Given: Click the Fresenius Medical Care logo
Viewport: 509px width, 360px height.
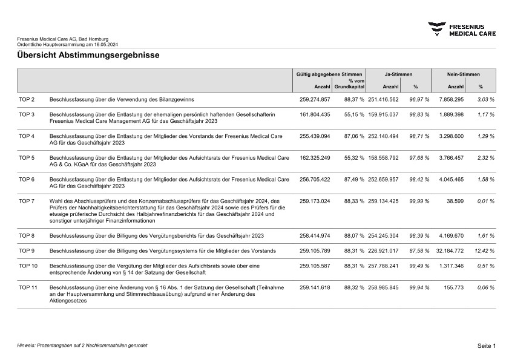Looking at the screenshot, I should [x=462, y=29].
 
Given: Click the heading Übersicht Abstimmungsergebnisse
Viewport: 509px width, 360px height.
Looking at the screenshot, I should [x=88, y=56].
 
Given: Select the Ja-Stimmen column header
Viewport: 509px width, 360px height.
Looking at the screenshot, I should [x=399, y=74].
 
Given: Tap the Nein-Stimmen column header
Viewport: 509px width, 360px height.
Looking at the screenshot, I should [x=463, y=74].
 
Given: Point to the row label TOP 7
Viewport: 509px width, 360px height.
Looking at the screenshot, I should [x=27, y=201].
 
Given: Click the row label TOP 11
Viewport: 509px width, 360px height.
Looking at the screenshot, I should [x=28, y=287].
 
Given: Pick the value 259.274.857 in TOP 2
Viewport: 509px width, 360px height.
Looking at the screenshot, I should [x=315, y=99].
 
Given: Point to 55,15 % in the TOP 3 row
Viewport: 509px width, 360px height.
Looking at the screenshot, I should [x=354, y=114].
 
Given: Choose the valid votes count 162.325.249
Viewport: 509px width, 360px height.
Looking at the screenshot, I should [x=315, y=157].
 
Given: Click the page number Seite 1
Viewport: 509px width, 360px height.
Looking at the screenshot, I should [x=486, y=345].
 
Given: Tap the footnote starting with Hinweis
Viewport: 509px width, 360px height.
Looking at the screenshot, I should [x=82, y=345].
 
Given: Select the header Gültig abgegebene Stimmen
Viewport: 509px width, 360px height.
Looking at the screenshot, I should [x=329, y=74].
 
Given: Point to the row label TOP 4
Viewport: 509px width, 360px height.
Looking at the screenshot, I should [x=27, y=136].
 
